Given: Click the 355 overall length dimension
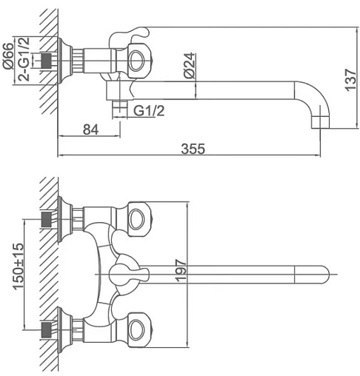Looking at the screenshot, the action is (x=193, y=149).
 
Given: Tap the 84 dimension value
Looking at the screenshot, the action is (x=90, y=130).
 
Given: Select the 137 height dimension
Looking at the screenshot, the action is (x=350, y=80).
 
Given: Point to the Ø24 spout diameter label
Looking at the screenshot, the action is (x=190, y=65).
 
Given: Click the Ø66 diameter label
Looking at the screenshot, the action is (x=8, y=56).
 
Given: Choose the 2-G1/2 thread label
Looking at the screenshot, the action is (x=24, y=59).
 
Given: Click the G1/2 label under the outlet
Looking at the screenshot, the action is (x=149, y=111).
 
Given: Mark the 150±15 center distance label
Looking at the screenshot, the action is (x=19, y=266).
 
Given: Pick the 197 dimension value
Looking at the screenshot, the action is (x=181, y=270).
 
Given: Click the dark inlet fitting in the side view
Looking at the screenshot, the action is (x=47, y=60).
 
